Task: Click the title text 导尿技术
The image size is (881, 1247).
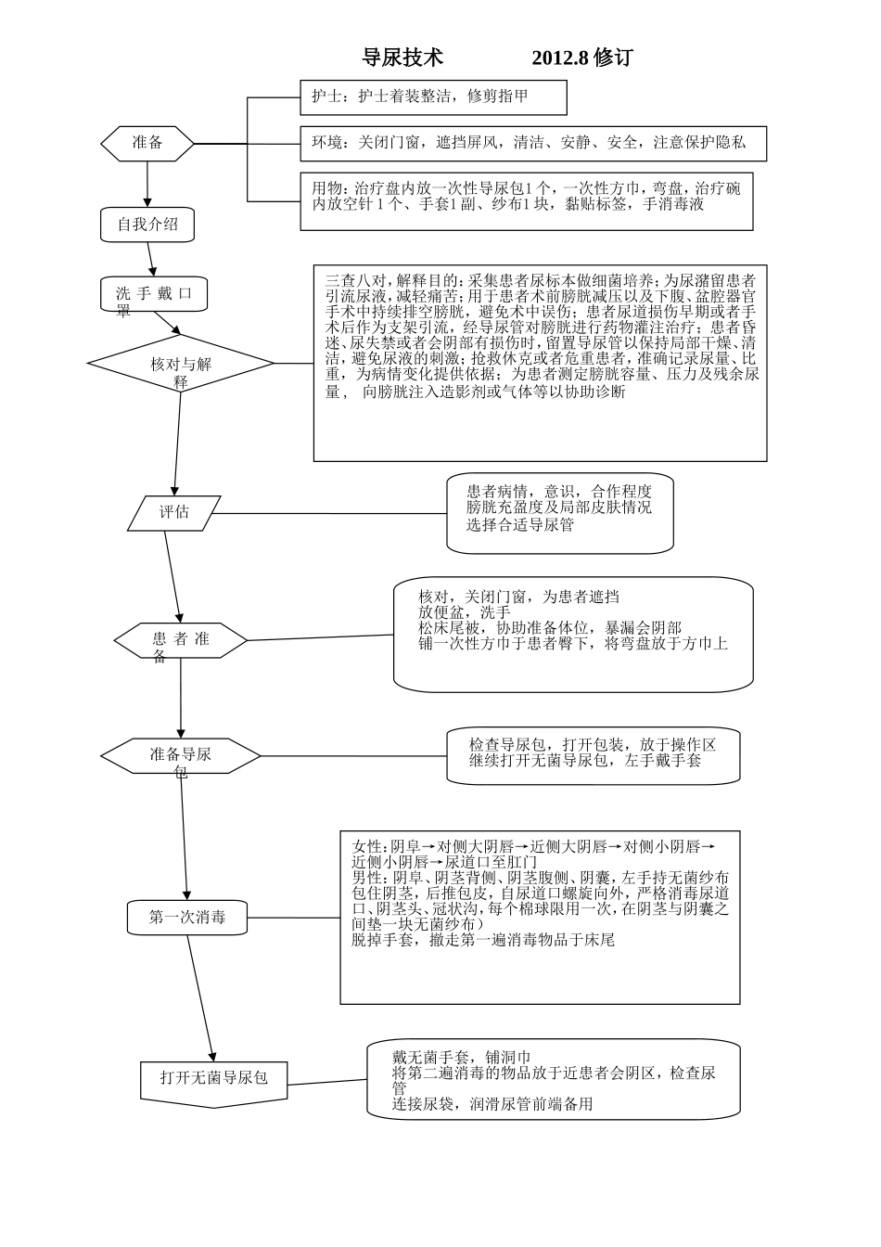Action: (402, 58)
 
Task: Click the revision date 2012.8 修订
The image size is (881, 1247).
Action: (581, 58)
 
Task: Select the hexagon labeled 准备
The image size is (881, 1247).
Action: (147, 143)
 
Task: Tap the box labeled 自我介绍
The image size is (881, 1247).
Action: (147, 224)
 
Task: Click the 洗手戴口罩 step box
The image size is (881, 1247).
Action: (154, 294)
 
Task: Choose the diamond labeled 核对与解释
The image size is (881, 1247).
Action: (181, 364)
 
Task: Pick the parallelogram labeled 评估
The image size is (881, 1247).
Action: (174, 512)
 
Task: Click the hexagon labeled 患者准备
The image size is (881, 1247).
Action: (181, 640)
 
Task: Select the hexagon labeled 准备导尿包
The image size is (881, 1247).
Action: (181, 755)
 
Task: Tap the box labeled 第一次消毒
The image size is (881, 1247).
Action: (187, 918)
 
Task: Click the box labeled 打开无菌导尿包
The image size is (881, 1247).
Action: (214, 1078)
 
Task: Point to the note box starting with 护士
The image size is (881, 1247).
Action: (433, 96)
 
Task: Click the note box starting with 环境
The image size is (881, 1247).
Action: (533, 143)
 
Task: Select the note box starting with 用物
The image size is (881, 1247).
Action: (526, 200)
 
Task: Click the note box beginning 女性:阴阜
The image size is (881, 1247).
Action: (540, 917)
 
